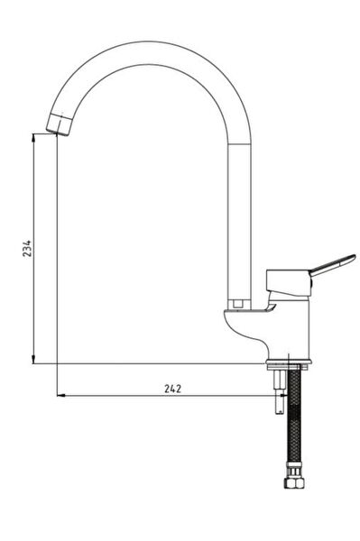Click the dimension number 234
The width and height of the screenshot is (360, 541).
tap(27, 248)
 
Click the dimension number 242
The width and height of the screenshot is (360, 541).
tap(172, 389)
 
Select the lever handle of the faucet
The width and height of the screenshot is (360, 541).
tap(332, 265)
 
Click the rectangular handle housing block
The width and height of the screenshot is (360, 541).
tap(289, 282)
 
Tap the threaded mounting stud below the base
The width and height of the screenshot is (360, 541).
tap(279, 391)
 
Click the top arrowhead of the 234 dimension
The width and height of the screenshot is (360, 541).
tap(33, 137)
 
